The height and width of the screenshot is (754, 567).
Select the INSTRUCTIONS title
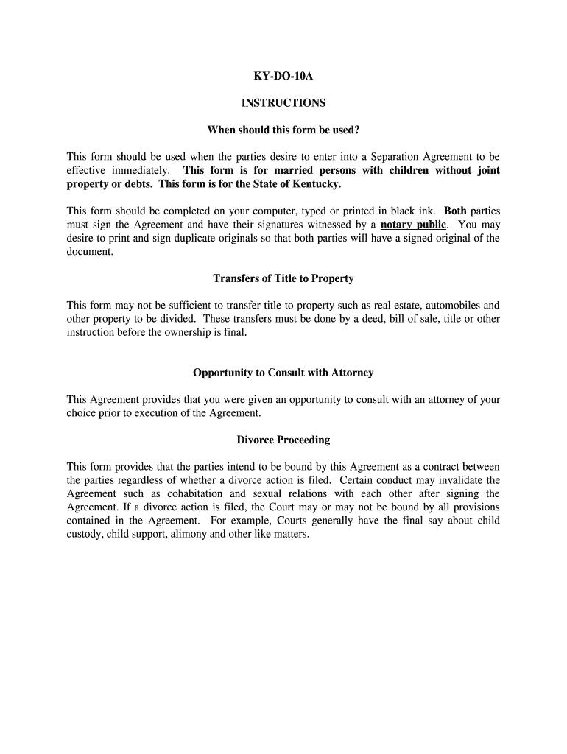283,103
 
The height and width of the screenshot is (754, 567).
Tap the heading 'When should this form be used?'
283,130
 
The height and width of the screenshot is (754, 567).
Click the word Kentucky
317,183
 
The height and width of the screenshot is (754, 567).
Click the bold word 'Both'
455,211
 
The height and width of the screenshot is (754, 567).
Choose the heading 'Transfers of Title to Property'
283,278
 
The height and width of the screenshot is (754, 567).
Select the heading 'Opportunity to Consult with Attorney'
283,373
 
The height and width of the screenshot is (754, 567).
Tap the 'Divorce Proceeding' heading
283,440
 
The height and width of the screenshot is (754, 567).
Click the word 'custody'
84,534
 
